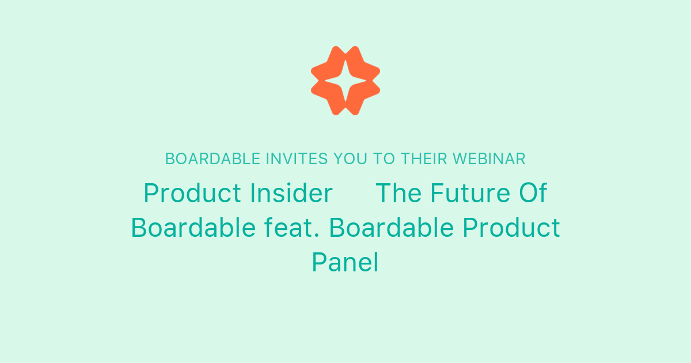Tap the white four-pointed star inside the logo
pos(345,81)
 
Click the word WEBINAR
pos(489,159)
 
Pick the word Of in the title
pos(533,194)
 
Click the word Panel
pos(345,263)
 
